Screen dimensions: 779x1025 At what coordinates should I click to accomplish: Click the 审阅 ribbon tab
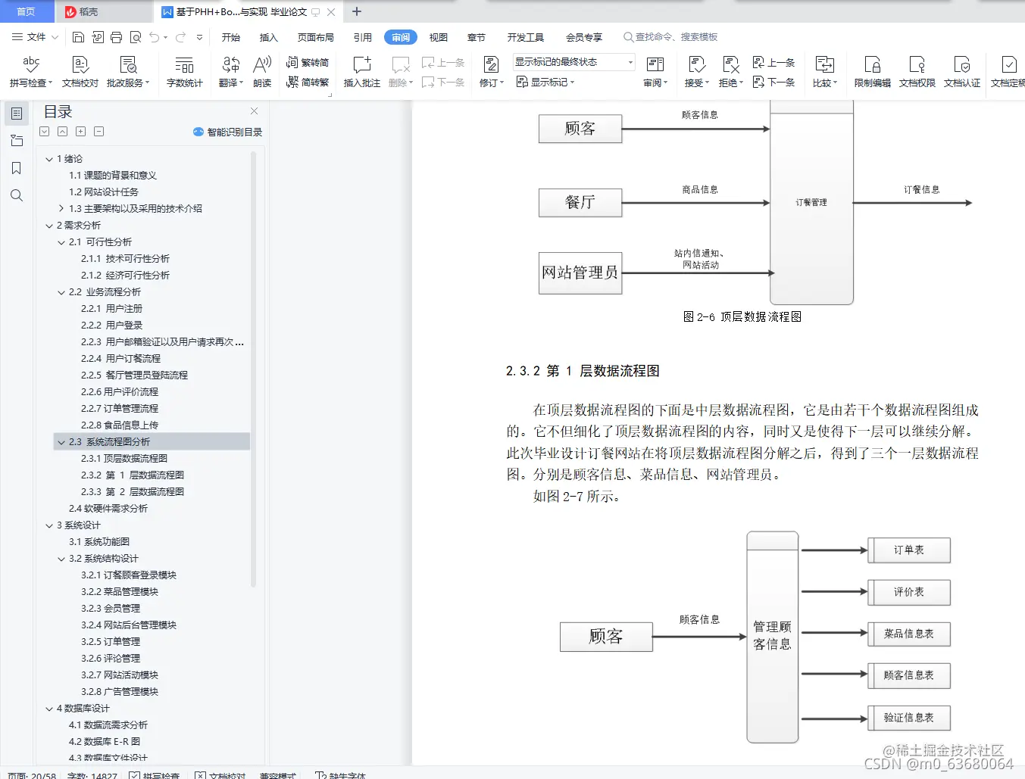[x=401, y=37]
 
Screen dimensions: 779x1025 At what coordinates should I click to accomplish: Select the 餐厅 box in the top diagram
[x=580, y=203]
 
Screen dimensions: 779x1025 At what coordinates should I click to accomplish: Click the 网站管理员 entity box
[x=580, y=273]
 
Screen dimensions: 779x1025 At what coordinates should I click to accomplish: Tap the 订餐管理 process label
[x=811, y=203]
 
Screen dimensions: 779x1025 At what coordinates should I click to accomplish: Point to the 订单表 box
[x=909, y=550]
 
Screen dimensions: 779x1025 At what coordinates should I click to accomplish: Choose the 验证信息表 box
[x=909, y=718]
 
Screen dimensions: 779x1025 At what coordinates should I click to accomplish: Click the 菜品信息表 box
[x=909, y=634]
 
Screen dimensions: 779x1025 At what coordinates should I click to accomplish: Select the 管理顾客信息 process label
[x=772, y=636]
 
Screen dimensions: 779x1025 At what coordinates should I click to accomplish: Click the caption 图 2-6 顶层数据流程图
[x=742, y=317]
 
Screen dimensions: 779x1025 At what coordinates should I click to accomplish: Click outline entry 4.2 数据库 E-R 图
[x=105, y=742]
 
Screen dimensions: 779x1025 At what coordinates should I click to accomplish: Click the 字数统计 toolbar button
[x=184, y=71]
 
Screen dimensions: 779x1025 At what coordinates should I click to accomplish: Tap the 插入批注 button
[x=362, y=71]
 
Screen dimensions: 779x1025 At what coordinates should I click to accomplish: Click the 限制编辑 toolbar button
[x=872, y=71]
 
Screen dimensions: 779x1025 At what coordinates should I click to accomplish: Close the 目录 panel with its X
[x=255, y=111]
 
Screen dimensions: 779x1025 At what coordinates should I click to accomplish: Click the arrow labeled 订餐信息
[x=912, y=202]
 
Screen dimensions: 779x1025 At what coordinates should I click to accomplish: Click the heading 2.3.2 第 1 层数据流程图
[x=583, y=371]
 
